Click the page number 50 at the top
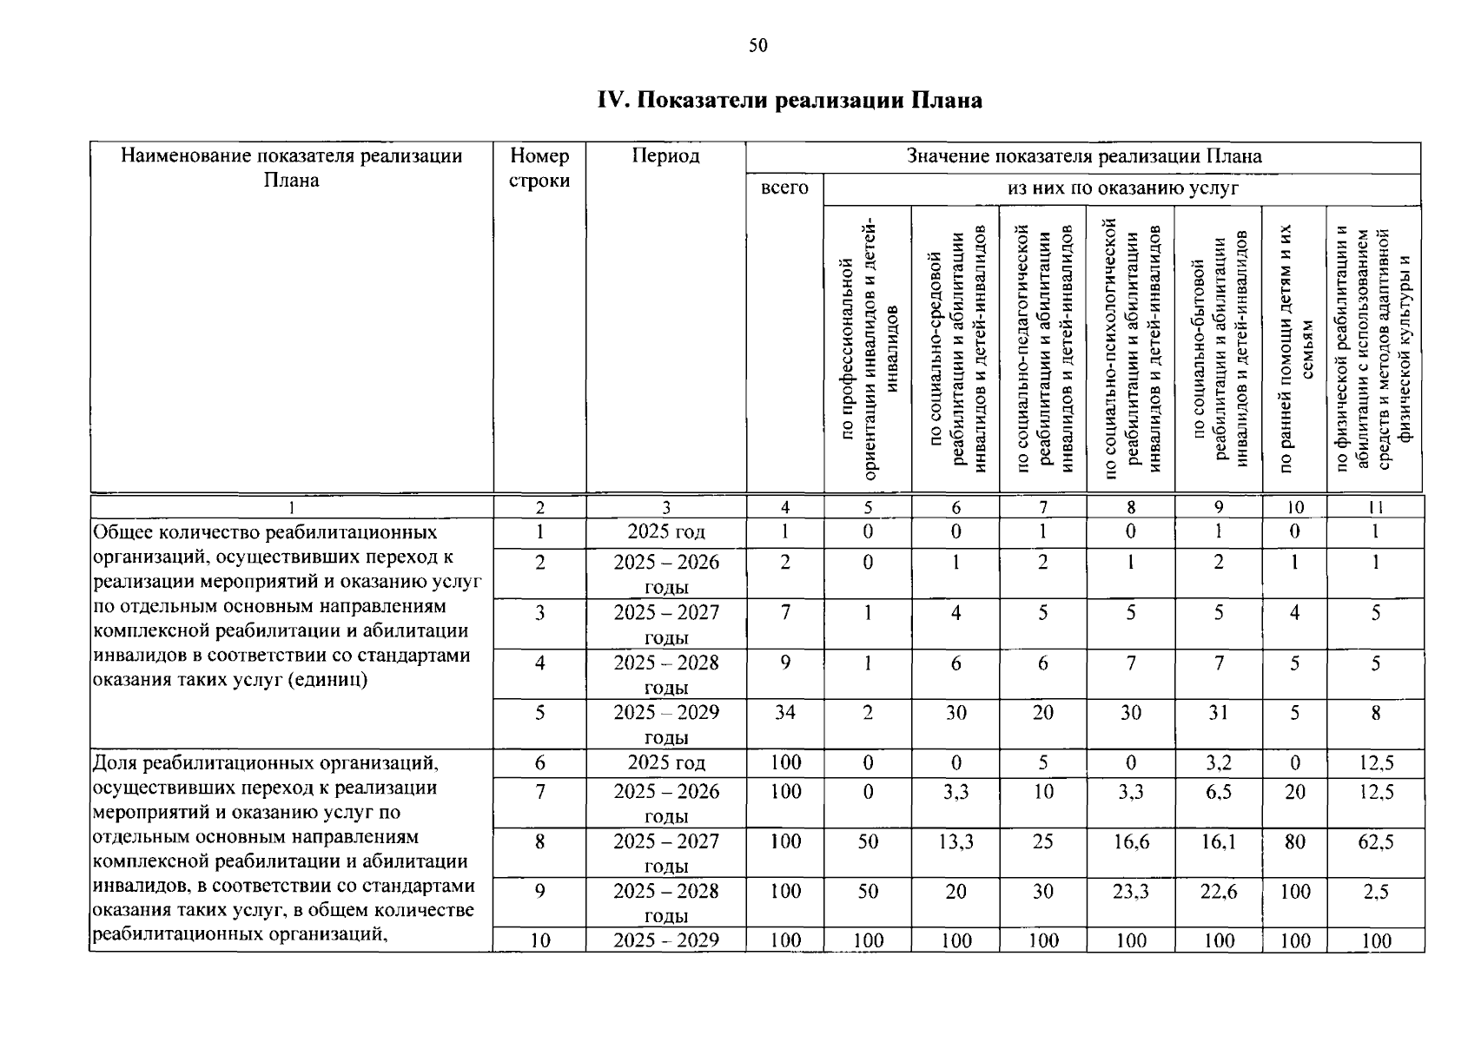(757, 46)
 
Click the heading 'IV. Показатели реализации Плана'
(790, 101)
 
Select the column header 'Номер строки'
(539, 168)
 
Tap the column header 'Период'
(665, 156)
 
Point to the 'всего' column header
(784, 188)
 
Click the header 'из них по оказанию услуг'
(1122, 188)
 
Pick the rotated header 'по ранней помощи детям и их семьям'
(1294, 347)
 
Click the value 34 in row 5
(784, 713)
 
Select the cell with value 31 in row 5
(1218, 713)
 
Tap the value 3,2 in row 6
(1218, 763)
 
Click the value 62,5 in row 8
(1376, 841)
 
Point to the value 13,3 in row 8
(956, 841)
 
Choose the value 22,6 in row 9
(1218, 892)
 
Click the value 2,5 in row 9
(1376, 892)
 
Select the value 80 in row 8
(1294, 841)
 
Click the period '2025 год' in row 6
(665, 763)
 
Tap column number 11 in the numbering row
(1375, 508)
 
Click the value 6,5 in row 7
(1218, 792)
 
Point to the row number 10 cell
(539, 940)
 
